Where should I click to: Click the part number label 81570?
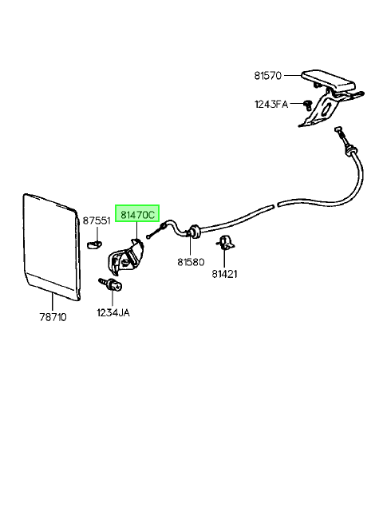(268, 76)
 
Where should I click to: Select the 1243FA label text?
(271, 105)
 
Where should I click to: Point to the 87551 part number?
(97, 220)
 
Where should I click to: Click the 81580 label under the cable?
(191, 262)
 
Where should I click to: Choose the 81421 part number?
(224, 274)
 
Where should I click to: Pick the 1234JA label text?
(113, 313)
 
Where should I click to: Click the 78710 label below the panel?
(53, 317)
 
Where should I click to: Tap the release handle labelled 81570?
(331, 97)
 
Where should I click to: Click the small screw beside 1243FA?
(307, 105)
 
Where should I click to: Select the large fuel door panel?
(52, 246)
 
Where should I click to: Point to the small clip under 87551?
(95, 245)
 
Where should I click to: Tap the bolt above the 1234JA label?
(111, 284)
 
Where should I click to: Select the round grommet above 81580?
(193, 232)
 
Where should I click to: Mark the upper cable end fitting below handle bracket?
(343, 141)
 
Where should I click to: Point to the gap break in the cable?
(276, 204)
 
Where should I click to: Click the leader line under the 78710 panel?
(53, 302)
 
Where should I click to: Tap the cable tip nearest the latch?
(148, 237)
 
